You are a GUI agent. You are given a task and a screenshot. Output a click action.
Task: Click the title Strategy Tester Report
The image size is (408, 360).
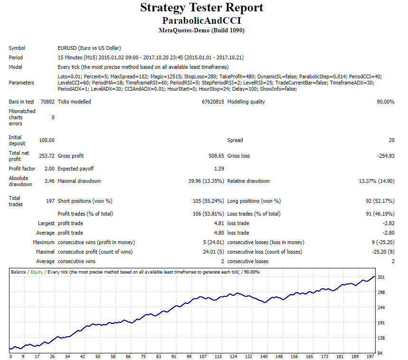201,8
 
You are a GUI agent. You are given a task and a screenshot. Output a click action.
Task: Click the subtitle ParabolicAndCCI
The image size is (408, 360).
201,20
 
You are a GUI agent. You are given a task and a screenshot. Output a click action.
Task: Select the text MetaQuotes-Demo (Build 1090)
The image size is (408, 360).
201,30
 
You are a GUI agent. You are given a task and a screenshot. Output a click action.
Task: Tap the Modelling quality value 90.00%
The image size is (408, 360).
385,102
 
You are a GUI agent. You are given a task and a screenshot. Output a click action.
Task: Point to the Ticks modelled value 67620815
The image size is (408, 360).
212,102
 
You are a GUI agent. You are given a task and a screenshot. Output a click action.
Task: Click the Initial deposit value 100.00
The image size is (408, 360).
47,140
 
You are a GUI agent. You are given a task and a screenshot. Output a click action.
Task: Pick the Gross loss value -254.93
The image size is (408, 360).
384,156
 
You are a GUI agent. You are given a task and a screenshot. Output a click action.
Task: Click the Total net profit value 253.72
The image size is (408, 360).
47,156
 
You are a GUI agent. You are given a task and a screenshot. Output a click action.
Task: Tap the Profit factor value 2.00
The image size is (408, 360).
49,169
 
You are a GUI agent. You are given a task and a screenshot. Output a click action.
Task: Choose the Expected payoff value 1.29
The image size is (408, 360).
219,169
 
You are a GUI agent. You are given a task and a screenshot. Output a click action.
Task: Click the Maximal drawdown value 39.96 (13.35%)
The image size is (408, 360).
206,181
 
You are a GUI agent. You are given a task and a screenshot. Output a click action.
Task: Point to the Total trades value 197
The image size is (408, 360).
50,201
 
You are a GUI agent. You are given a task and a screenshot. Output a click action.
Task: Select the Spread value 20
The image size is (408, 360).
391,140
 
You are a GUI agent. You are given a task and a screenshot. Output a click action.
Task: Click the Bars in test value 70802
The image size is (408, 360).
47,102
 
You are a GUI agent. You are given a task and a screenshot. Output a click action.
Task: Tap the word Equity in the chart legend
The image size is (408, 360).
36,272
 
